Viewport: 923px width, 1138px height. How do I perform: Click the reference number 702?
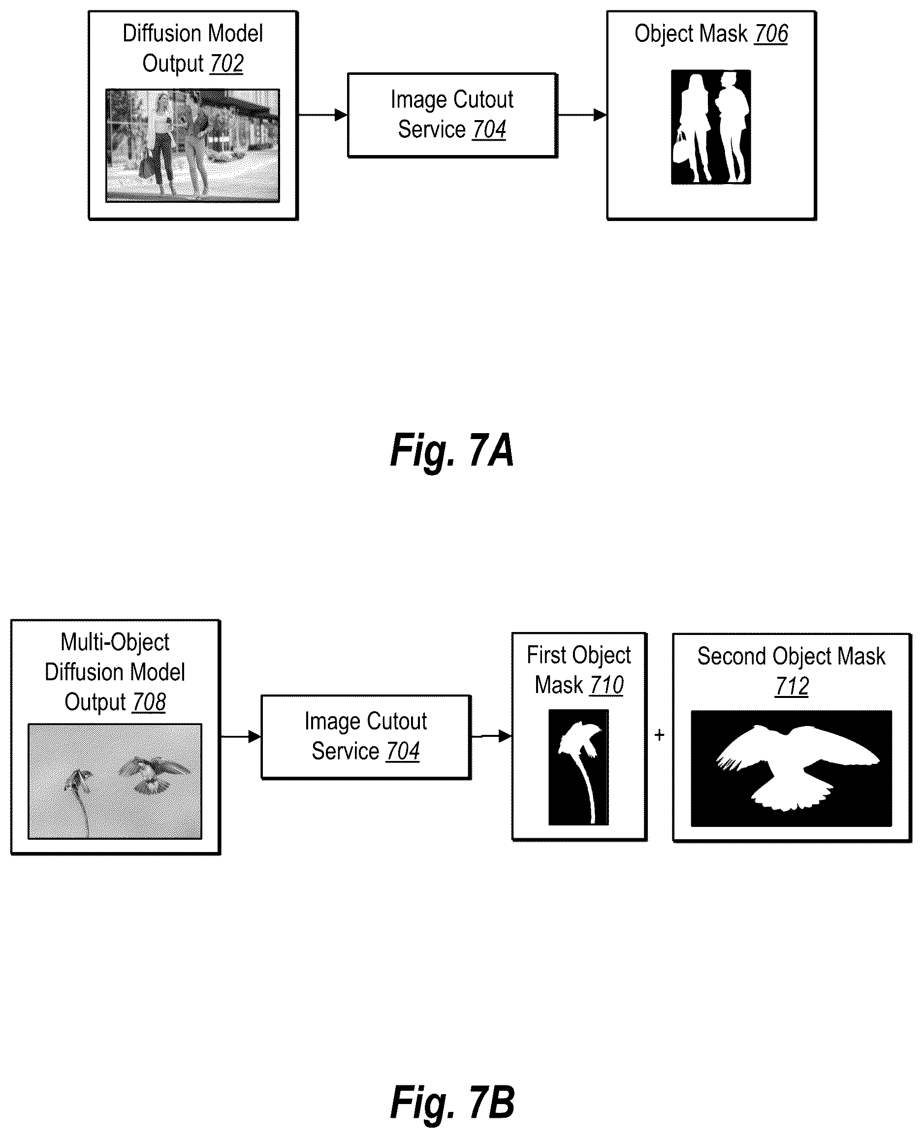tap(226, 64)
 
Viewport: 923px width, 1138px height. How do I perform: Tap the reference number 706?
tap(771, 33)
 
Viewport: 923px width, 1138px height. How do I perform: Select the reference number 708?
tap(149, 702)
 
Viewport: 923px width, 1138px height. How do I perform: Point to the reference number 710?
tap(606, 685)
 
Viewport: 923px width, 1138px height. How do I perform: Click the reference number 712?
tap(792, 686)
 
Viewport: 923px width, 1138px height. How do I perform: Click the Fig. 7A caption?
tap(452, 451)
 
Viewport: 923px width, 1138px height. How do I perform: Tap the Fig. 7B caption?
tap(452, 1103)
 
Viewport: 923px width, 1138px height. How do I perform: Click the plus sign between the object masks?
tap(659, 735)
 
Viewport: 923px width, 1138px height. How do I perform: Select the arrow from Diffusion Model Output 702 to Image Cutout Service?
tap(323, 114)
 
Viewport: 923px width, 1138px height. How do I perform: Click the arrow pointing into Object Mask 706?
tap(582, 114)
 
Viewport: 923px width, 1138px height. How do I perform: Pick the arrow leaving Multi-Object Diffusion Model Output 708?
tap(241, 736)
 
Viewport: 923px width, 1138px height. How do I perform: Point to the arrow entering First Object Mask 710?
tap(492, 736)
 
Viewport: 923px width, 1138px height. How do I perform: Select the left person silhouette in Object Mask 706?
tap(692, 127)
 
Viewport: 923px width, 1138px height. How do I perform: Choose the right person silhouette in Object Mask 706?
tap(732, 127)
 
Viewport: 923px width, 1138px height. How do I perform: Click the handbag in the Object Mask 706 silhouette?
tap(680, 149)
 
